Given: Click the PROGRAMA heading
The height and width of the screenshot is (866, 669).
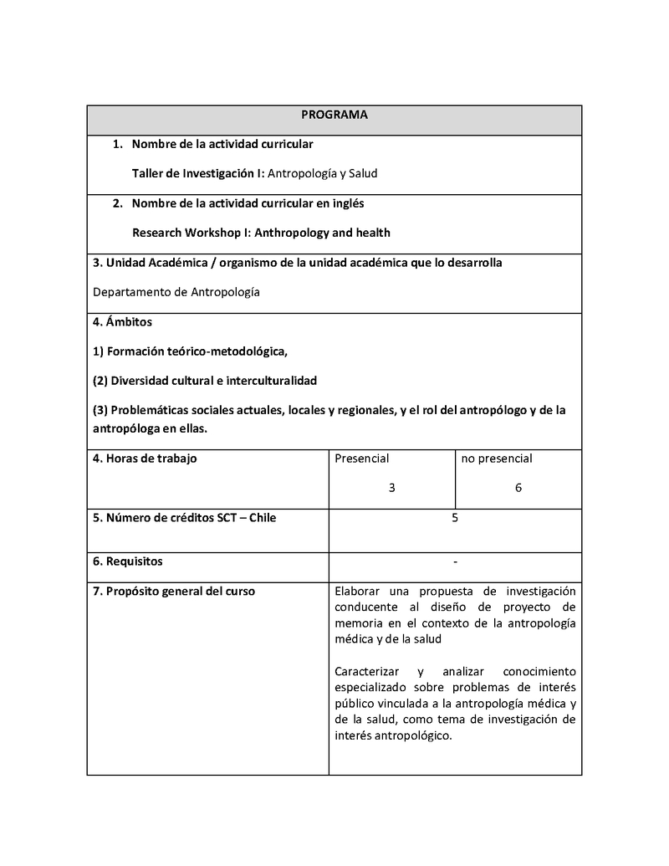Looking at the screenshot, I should [x=334, y=115].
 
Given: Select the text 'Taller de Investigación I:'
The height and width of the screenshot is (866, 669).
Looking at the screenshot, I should [x=198, y=173].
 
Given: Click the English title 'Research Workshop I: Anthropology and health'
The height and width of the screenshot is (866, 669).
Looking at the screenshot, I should [x=261, y=233].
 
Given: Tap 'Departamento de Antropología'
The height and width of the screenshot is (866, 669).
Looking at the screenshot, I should [x=176, y=292].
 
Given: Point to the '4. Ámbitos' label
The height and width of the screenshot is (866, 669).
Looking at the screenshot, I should [x=122, y=321].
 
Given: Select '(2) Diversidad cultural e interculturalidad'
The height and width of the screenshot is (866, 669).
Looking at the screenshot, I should [x=205, y=381].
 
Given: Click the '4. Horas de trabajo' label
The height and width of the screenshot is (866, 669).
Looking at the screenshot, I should [x=145, y=459].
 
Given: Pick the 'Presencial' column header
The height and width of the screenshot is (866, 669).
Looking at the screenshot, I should [x=361, y=459].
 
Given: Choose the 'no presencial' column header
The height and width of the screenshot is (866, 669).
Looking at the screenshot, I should [x=497, y=459].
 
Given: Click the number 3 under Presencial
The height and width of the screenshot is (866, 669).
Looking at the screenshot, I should [x=391, y=488].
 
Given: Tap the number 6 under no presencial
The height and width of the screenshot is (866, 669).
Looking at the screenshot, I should [x=518, y=488].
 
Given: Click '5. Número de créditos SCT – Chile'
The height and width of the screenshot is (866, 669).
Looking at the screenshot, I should [x=184, y=518].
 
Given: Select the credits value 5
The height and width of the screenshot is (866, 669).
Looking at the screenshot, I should [x=455, y=518].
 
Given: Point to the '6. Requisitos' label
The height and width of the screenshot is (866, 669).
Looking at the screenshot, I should [x=128, y=561].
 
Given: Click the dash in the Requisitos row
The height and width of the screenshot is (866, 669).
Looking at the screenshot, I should [x=455, y=561].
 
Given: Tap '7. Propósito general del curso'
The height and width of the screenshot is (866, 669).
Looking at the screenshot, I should [x=174, y=592].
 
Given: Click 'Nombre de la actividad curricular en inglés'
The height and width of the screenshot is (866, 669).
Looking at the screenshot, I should [x=248, y=203].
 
